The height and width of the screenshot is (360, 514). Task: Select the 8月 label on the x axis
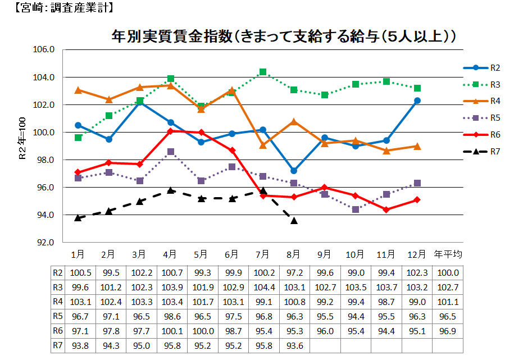coord(294,254)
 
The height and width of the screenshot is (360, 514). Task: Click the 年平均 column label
coord(448,254)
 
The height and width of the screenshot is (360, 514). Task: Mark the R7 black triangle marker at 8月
coord(294,221)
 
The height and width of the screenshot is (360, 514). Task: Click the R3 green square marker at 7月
coord(263,72)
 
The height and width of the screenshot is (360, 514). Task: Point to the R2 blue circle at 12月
coord(417,101)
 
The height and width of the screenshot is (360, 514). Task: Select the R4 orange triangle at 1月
coord(78,90)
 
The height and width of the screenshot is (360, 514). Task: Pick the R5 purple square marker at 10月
coord(356,209)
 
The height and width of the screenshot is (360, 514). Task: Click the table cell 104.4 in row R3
coord(263,287)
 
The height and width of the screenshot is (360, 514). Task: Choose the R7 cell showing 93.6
coord(294,345)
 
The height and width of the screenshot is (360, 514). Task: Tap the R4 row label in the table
coord(57,302)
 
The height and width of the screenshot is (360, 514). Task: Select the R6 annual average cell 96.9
coord(448,331)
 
